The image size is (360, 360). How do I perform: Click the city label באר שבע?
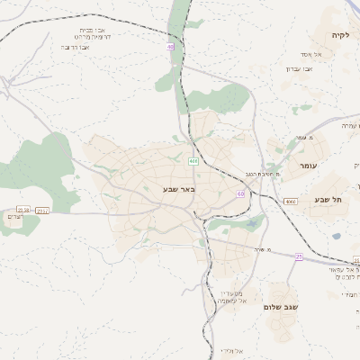pyautogui.click(x=180, y=189)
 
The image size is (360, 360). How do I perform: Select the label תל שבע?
pyautogui.click(x=328, y=199)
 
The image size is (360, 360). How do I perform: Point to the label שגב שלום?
pyautogui.click(x=280, y=307)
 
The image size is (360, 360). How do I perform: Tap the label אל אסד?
pyautogui.click(x=324, y=55)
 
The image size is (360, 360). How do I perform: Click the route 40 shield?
pyautogui.click(x=169, y=46)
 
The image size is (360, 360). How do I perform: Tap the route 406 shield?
pyautogui.click(x=193, y=161)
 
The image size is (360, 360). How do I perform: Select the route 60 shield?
pyautogui.click(x=241, y=193)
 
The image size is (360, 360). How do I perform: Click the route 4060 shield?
pyautogui.click(x=289, y=202)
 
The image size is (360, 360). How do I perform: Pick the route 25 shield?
pyautogui.click(x=299, y=256)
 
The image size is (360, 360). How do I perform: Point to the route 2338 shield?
pyautogui.click(x=23, y=210)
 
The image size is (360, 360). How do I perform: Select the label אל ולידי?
pyautogui.click(x=232, y=350)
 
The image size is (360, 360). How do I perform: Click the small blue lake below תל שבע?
pyautogui.click(x=337, y=237)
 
